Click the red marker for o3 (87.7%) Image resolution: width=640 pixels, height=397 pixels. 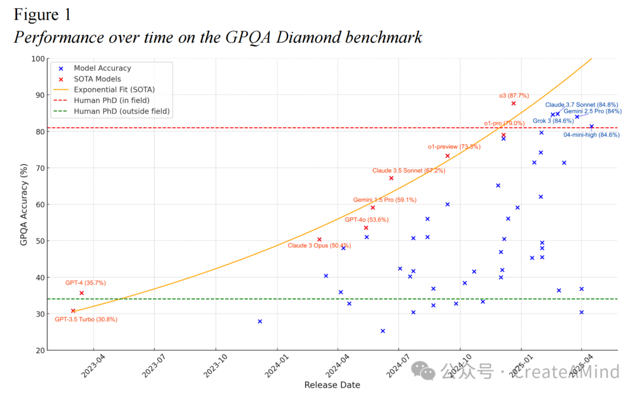(513, 103)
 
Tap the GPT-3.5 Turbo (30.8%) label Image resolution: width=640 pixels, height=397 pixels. (86, 319)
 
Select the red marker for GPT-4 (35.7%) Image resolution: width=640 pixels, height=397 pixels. (81, 293)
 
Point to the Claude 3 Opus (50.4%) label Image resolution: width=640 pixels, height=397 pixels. (319, 246)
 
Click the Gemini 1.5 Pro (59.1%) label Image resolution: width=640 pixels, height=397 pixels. (385, 200)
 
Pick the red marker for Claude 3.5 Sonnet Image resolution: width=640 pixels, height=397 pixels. (391, 178)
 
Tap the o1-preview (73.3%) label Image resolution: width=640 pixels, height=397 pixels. (454, 147)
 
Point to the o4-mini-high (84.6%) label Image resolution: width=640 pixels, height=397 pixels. (591, 135)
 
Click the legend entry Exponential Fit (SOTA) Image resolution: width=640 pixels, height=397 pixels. (114, 90)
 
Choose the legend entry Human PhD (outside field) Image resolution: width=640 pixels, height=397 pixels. (121, 111)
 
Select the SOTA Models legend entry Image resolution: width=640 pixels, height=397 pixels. (97, 79)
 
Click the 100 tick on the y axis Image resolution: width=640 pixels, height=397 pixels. (39, 59)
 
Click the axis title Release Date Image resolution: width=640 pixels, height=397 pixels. (332, 385)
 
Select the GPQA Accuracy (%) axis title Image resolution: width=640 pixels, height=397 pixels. (24, 205)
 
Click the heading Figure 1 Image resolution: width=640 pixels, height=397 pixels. (42, 14)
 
